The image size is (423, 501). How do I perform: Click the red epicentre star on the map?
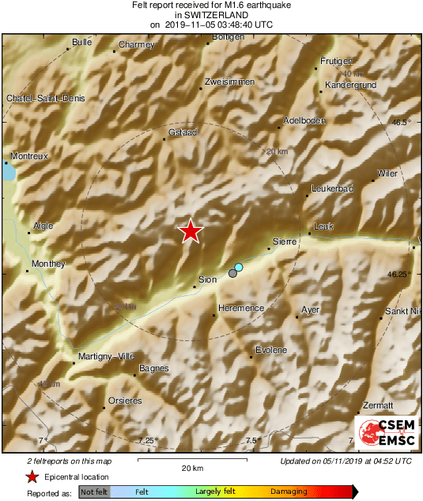[x=191, y=231]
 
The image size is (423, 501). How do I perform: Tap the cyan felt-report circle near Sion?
[x=239, y=268]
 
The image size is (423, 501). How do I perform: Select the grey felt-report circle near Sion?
[x=232, y=273]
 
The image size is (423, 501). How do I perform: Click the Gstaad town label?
[x=183, y=131]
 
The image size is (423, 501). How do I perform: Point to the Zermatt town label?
[x=377, y=404]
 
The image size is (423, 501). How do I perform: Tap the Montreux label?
[x=28, y=157]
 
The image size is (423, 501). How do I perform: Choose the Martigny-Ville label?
[x=108, y=356]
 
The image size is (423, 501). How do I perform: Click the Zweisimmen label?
[x=228, y=82]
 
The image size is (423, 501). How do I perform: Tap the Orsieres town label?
[x=125, y=400]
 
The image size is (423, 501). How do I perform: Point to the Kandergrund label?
[x=349, y=84]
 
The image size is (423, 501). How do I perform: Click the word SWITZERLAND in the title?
[x=211, y=15]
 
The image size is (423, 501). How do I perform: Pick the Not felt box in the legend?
[x=93, y=492]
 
